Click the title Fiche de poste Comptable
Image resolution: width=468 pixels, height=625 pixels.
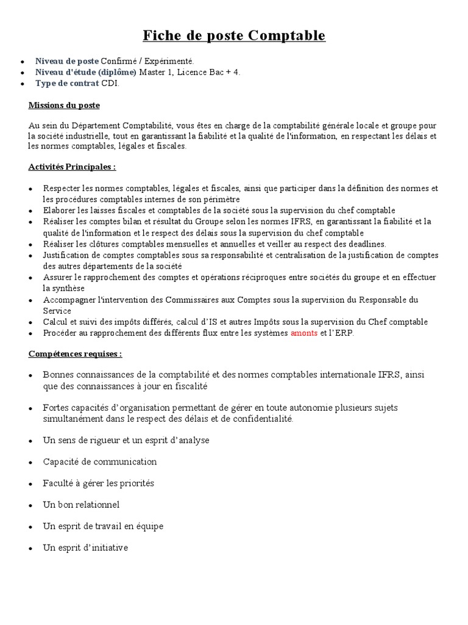tap(234, 36)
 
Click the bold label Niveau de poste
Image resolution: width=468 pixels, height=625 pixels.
tap(66, 61)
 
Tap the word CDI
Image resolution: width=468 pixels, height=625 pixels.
tap(110, 83)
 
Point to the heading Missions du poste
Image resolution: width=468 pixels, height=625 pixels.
tap(64, 105)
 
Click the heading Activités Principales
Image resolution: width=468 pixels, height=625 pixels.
tap(72, 167)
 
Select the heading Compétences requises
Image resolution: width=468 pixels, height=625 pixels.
tap(75, 353)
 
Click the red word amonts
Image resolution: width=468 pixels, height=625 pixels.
tap(304, 333)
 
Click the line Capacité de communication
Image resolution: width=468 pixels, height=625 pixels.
tap(100, 461)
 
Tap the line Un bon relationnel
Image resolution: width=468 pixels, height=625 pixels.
tap(81, 504)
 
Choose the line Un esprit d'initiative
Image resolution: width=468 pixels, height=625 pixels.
tap(85, 547)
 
